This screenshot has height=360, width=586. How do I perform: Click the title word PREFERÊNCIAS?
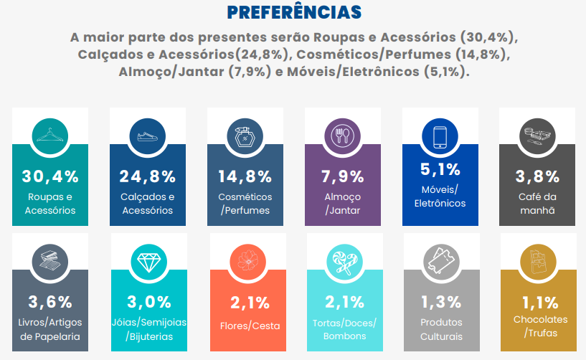[x=293, y=12]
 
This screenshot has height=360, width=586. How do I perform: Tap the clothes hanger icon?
[x=50, y=134]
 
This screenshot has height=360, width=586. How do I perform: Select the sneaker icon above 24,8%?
[x=148, y=134]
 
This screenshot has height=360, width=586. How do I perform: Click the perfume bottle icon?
[x=245, y=134]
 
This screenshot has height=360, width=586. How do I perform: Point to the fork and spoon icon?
[x=343, y=134]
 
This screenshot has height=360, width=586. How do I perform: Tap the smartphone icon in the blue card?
[x=440, y=134]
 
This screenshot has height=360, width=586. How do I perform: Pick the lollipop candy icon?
[x=343, y=260]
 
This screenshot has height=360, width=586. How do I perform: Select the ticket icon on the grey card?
[x=440, y=260]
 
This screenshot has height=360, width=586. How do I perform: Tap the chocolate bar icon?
[x=538, y=260]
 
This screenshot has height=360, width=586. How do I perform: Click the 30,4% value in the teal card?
[x=50, y=176]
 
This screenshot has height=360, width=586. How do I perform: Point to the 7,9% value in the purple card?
[x=343, y=176]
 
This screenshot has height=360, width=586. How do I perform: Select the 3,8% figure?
[x=538, y=176]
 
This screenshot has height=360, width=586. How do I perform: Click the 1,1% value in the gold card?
[x=538, y=302]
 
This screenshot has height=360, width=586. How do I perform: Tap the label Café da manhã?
[x=538, y=204]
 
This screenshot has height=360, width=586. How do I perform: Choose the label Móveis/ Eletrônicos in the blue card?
[x=440, y=196]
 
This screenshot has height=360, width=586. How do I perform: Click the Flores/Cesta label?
[x=245, y=326]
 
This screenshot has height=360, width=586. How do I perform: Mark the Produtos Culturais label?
[x=440, y=329]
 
